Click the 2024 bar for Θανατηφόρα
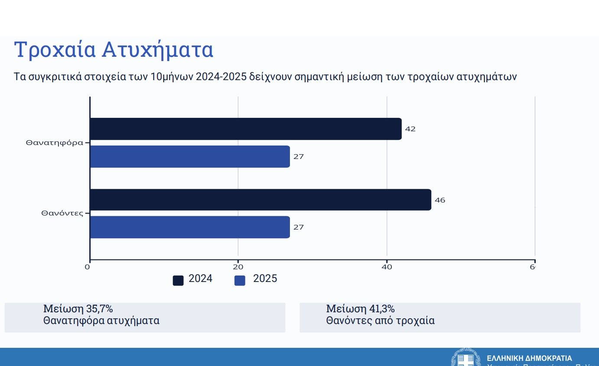[245, 129]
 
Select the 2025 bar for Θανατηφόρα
[190, 156]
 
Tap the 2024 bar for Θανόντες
[260, 200]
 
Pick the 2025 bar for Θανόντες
[190, 227]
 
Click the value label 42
[410, 129]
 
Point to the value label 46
[440, 200]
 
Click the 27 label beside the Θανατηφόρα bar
[299, 157]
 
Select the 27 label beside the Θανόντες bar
[299, 227]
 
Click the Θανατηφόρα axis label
[54, 143]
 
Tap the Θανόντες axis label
[62, 213]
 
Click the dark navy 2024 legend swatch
[178, 281]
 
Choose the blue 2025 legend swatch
[240, 281]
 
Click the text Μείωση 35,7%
[78, 309]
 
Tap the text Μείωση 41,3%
[360, 309]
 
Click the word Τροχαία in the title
[55, 50]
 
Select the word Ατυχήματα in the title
[158, 50]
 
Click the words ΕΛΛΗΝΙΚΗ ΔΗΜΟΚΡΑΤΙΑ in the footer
[529, 359]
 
